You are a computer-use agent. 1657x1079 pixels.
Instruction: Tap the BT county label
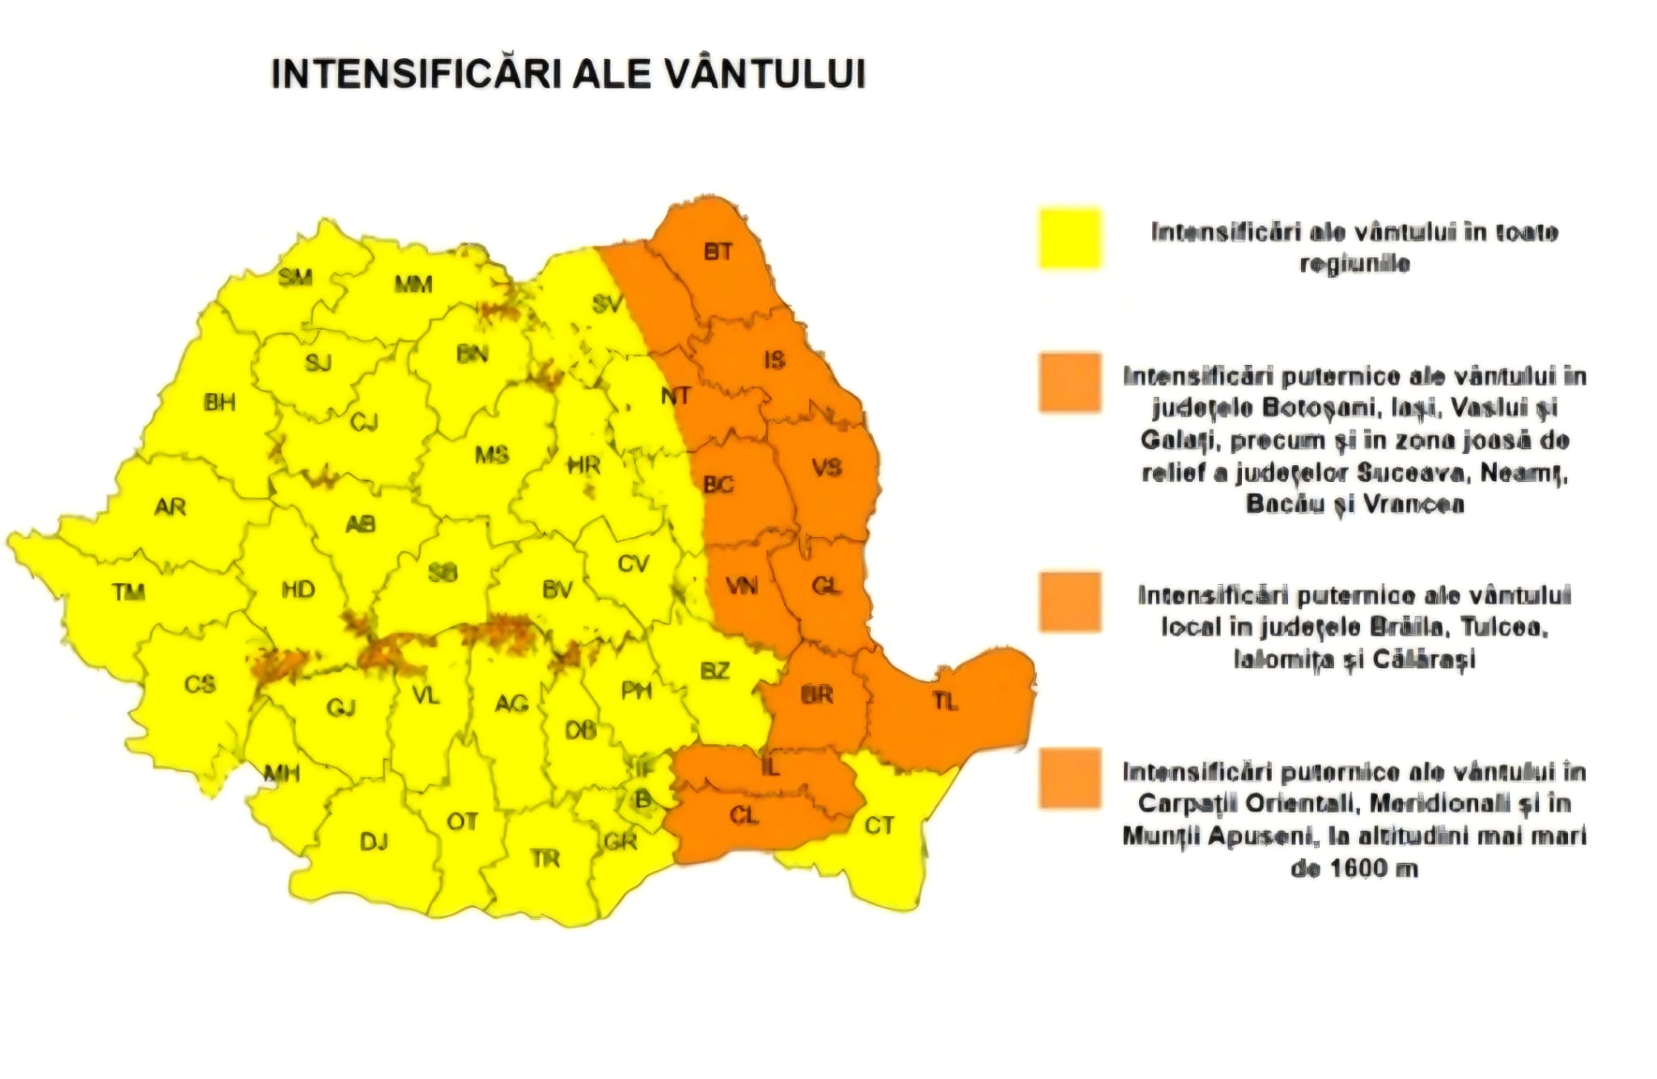(x=718, y=252)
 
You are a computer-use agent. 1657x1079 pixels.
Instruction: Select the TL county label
(x=945, y=701)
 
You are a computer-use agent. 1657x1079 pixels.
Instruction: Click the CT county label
(x=879, y=826)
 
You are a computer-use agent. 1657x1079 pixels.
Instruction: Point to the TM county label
(x=129, y=593)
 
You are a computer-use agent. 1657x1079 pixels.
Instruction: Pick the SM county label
(x=295, y=277)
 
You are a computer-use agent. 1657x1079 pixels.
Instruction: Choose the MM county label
(x=413, y=284)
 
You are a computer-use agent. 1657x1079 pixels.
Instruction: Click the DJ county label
(x=374, y=842)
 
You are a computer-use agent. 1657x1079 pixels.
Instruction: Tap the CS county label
(x=200, y=684)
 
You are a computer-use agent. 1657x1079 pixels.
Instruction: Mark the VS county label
(x=826, y=468)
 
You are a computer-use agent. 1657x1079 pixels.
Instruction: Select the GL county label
(x=825, y=586)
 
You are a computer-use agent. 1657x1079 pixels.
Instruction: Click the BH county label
(x=219, y=402)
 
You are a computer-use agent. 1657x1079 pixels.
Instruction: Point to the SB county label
(x=443, y=573)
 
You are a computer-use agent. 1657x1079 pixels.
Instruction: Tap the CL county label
(x=744, y=816)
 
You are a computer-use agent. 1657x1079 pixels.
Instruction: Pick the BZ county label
(x=714, y=671)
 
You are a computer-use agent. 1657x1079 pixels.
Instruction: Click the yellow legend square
(x=1070, y=238)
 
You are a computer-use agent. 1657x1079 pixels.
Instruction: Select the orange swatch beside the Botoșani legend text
(x=1070, y=383)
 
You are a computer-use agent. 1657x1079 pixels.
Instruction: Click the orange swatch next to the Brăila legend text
(x=1070, y=602)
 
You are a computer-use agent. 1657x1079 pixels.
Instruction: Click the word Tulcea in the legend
(x=1504, y=627)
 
